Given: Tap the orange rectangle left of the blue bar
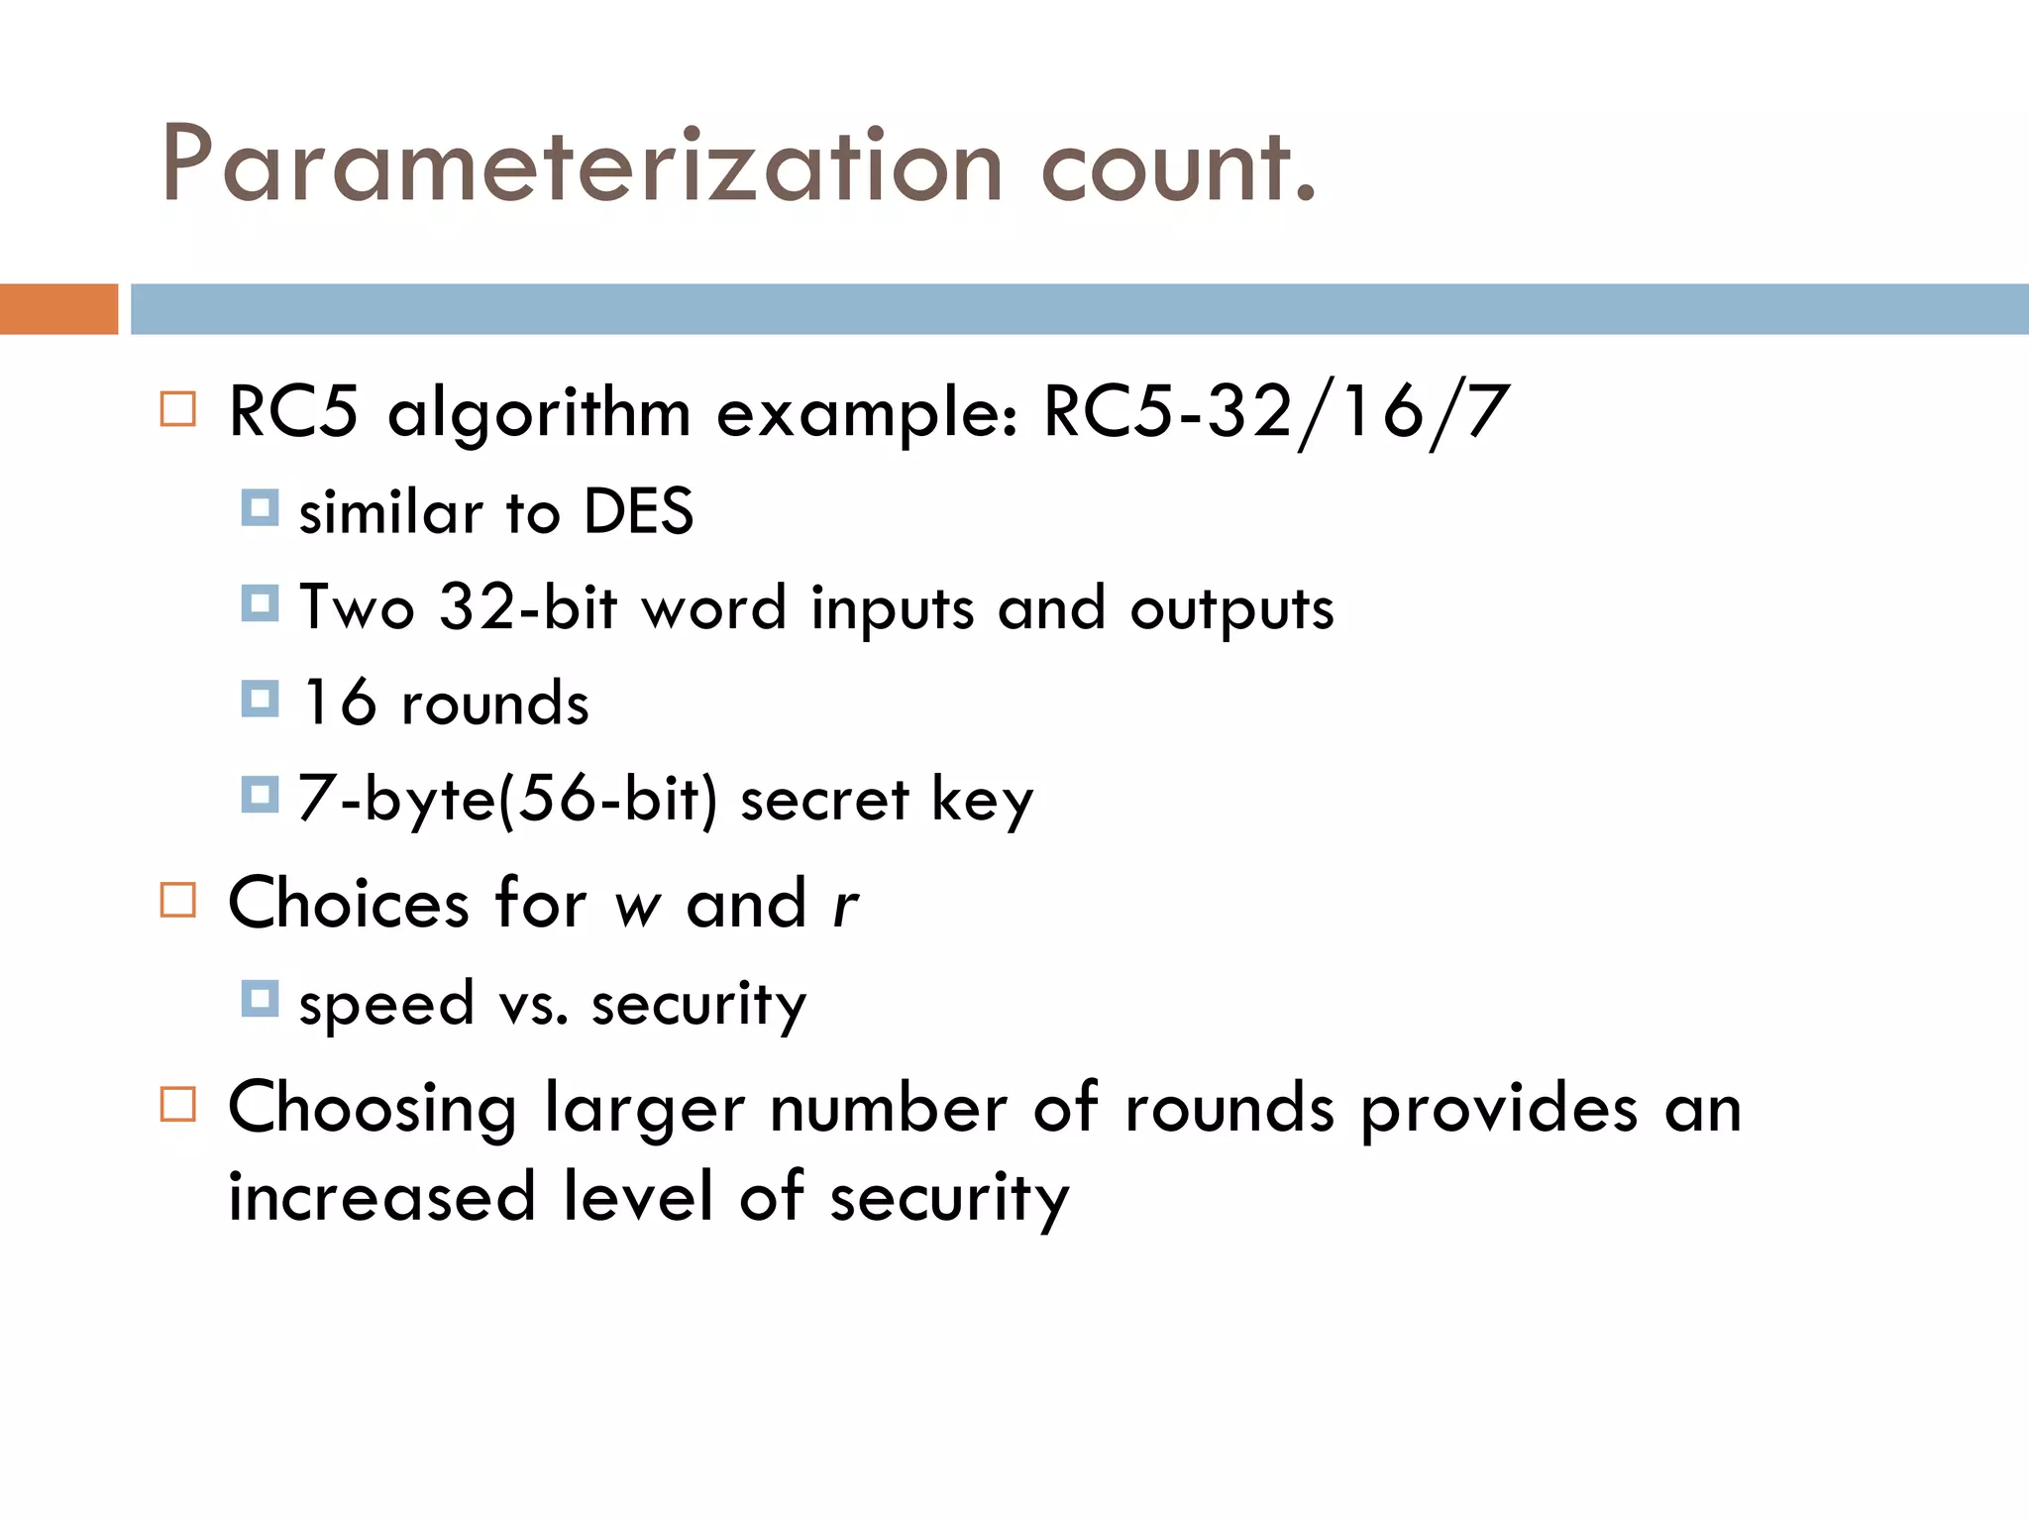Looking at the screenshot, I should coord(58,309).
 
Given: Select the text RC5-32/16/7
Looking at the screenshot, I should coord(1276,411).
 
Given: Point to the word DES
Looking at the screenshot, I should coord(638,512).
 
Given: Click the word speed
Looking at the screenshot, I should coord(386,1005).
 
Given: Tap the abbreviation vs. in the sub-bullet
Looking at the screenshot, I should coord(534,1005).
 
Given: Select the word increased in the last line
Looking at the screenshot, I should coord(382,1196).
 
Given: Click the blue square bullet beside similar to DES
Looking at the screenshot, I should coord(260,508).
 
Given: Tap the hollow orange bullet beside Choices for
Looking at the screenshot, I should coord(178,901).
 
